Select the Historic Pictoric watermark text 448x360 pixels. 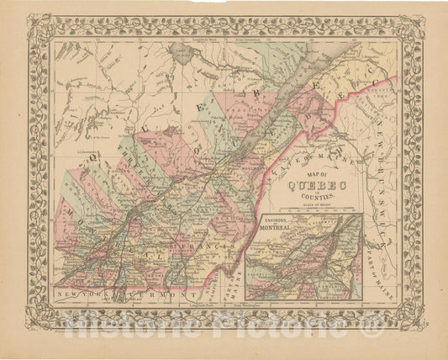pyautogui.click(x=224, y=320)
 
